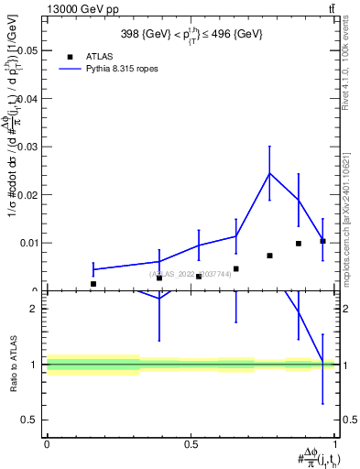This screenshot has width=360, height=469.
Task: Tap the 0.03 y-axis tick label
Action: [x=27, y=147]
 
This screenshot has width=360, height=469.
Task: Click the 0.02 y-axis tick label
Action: [x=27, y=195]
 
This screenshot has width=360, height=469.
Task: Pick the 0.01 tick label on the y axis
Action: [x=27, y=243]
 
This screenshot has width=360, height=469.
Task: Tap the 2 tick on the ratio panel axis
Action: [x=34, y=310]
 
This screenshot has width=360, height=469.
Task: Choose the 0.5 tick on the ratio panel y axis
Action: [x=29, y=420]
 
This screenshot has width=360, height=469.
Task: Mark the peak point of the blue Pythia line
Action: [x=269, y=173]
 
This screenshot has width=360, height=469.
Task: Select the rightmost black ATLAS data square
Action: [x=322, y=241]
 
